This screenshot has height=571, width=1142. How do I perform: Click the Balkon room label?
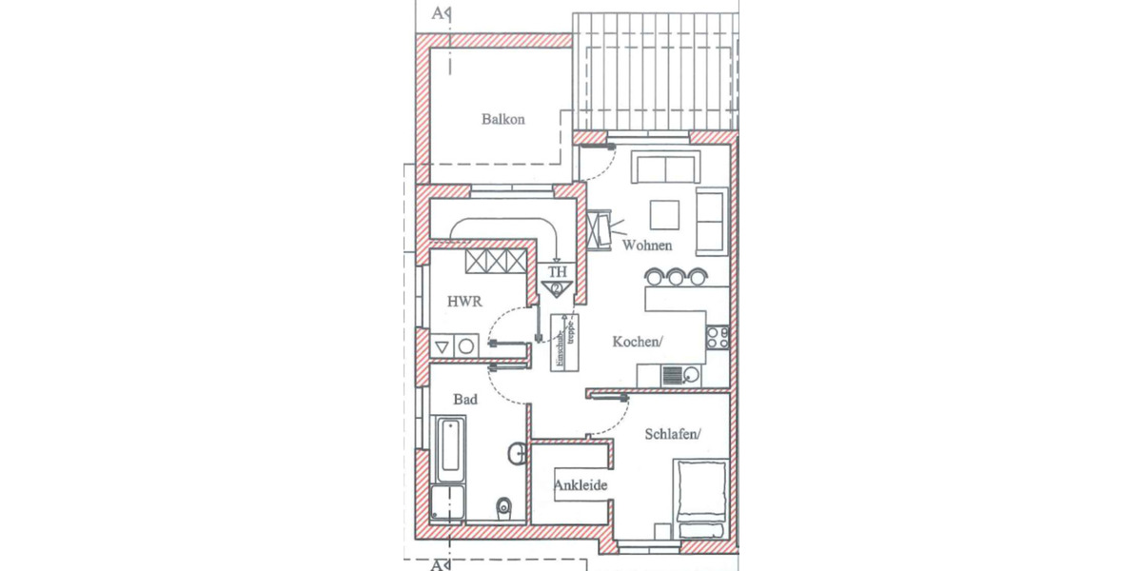pyautogui.click(x=502, y=120)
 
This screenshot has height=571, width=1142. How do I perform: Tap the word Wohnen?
pyautogui.click(x=647, y=246)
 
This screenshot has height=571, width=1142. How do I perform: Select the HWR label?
pyautogui.click(x=464, y=302)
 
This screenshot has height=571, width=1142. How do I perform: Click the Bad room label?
pyautogui.click(x=464, y=401)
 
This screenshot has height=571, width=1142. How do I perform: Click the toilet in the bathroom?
pyautogui.click(x=505, y=505)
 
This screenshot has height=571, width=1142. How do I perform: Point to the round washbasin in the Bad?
pyautogui.click(x=517, y=453)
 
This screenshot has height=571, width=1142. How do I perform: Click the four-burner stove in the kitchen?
pyautogui.click(x=717, y=335)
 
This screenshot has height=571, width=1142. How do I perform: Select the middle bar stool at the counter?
pyautogui.click(x=676, y=276)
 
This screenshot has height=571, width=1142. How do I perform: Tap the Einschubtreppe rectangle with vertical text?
pyautogui.click(x=562, y=342)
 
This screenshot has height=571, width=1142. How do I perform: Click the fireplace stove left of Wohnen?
pyautogui.click(x=600, y=228)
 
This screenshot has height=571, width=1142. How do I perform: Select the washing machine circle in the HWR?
pyautogui.click(x=466, y=346)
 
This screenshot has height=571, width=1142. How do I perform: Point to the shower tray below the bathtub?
pyautogui.click(x=446, y=502)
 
